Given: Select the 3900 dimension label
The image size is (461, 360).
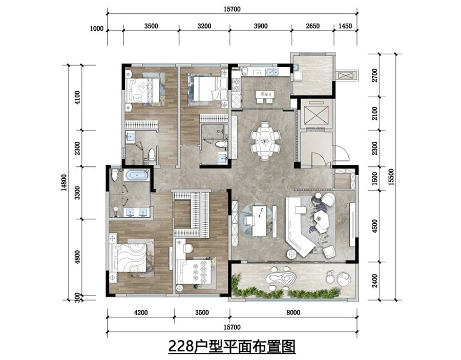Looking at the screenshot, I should point(260,27).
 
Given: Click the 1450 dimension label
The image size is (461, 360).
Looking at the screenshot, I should point(345,27).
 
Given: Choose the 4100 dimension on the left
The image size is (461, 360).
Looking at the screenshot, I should point(77,97).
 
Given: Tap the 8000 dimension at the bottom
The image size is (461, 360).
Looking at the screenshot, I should point(292,311).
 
